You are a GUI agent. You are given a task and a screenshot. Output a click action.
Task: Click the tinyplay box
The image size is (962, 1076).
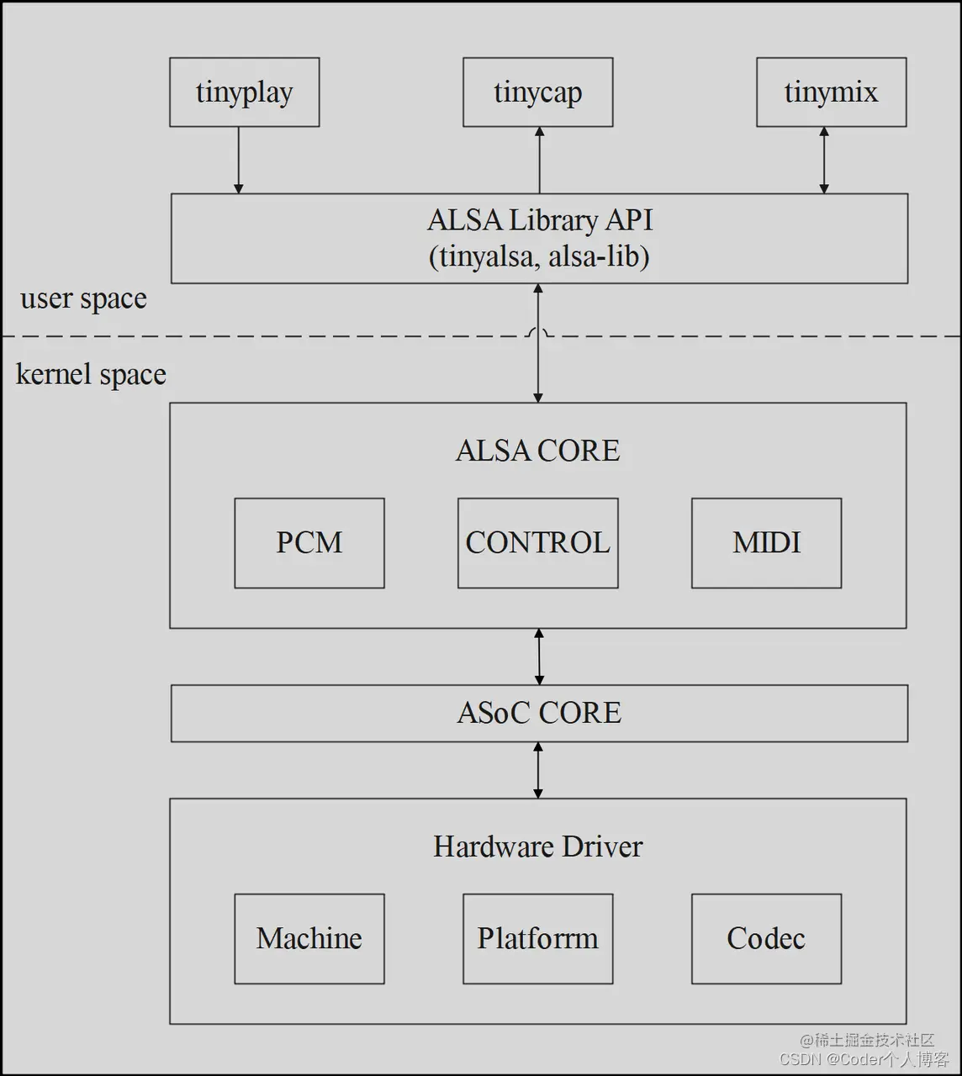click(x=244, y=92)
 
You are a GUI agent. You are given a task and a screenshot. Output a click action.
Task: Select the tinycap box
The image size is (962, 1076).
click(x=537, y=92)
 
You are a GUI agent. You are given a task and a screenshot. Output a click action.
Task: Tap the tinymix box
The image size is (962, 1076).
click(x=831, y=92)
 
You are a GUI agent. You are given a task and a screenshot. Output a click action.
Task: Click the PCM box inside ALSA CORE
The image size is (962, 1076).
click(x=309, y=543)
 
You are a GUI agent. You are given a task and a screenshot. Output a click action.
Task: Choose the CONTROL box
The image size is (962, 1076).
click(x=537, y=543)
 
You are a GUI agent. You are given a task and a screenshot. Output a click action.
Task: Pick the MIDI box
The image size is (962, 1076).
click(x=766, y=543)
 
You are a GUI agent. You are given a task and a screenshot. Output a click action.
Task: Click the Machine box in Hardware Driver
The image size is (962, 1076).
click(x=309, y=938)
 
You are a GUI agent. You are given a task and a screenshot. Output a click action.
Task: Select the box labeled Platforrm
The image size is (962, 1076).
click(x=537, y=938)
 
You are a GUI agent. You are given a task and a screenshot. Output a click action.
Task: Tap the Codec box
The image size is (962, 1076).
click(x=766, y=938)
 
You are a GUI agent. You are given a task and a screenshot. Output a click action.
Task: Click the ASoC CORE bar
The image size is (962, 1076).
click(x=539, y=713)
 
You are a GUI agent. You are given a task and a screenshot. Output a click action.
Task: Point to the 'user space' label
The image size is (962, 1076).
click(x=83, y=299)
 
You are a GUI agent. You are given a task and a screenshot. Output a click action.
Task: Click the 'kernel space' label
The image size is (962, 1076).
click(x=91, y=375)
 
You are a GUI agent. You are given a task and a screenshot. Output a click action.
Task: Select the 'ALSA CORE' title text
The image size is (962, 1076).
click(x=537, y=451)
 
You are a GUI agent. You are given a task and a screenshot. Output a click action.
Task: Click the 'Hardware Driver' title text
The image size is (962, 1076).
click(x=537, y=847)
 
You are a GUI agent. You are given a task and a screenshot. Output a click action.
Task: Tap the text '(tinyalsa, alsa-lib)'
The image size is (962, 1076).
click(x=539, y=256)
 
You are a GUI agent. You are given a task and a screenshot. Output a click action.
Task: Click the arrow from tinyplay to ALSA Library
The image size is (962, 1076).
click(x=239, y=160)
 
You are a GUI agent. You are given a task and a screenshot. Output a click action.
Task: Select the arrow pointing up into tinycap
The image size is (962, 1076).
click(x=540, y=160)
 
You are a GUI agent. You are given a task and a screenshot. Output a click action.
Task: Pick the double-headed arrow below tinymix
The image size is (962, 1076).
click(x=824, y=160)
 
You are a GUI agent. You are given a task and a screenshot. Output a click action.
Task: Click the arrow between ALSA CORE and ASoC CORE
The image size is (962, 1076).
click(x=539, y=657)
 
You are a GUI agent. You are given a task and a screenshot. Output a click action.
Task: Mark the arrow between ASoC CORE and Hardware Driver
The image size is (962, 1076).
click(x=538, y=770)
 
